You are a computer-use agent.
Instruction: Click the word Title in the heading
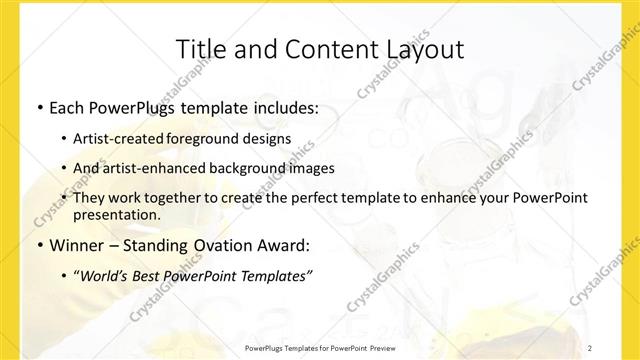click(x=199, y=50)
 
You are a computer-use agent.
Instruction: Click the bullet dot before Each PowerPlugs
click(x=38, y=106)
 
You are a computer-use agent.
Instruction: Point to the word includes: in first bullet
click(x=282, y=106)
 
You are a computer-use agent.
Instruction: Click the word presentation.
click(x=117, y=214)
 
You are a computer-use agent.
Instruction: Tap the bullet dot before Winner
click(x=38, y=245)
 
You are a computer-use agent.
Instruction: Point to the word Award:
click(x=288, y=245)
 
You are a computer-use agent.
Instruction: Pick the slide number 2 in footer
click(x=590, y=347)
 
